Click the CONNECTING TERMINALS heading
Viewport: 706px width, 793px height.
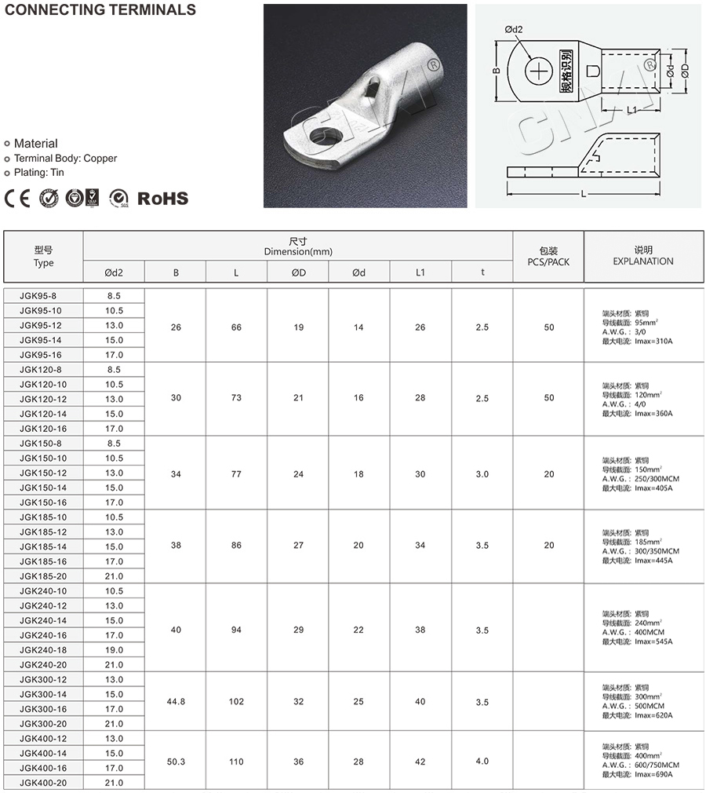[x=100, y=10]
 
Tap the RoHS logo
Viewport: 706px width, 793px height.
[x=163, y=199]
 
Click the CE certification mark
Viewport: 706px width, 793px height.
[x=17, y=198]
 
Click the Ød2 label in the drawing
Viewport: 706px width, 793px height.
[x=514, y=30]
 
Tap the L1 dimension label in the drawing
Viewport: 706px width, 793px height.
[x=631, y=111]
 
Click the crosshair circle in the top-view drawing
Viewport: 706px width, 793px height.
[x=540, y=71]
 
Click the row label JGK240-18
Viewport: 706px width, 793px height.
[x=44, y=650]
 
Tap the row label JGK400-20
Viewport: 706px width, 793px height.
[x=44, y=783]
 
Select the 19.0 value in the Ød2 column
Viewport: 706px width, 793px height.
[x=114, y=650]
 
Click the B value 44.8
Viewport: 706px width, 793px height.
[x=176, y=702]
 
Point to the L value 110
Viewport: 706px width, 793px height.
[x=236, y=761]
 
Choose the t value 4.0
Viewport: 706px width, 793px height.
[x=482, y=761]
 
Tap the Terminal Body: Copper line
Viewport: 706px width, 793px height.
[x=65, y=158]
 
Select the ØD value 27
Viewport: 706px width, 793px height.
[x=298, y=546]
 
